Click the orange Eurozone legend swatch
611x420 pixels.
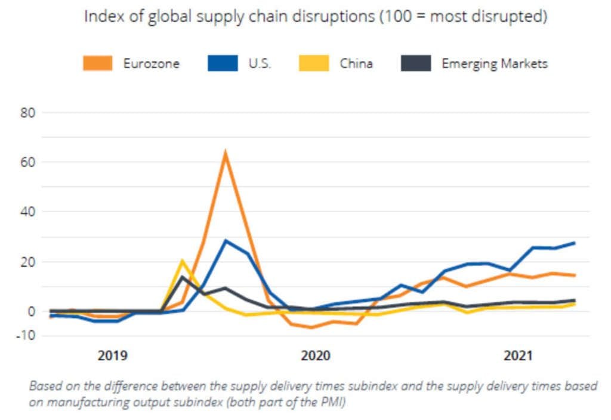point(97,63)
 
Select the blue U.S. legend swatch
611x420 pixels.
point(222,63)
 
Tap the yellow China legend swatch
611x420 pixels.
point(313,63)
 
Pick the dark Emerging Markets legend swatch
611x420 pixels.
point(416,63)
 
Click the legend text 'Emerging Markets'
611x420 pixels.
point(494,63)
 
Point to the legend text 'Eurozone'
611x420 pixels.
point(151,63)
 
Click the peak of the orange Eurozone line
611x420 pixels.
point(225,153)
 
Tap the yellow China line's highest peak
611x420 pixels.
point(183,261)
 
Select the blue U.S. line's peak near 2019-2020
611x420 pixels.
point(226,241)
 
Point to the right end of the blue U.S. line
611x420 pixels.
point(573,243)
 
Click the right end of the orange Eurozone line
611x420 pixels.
point(573,275)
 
